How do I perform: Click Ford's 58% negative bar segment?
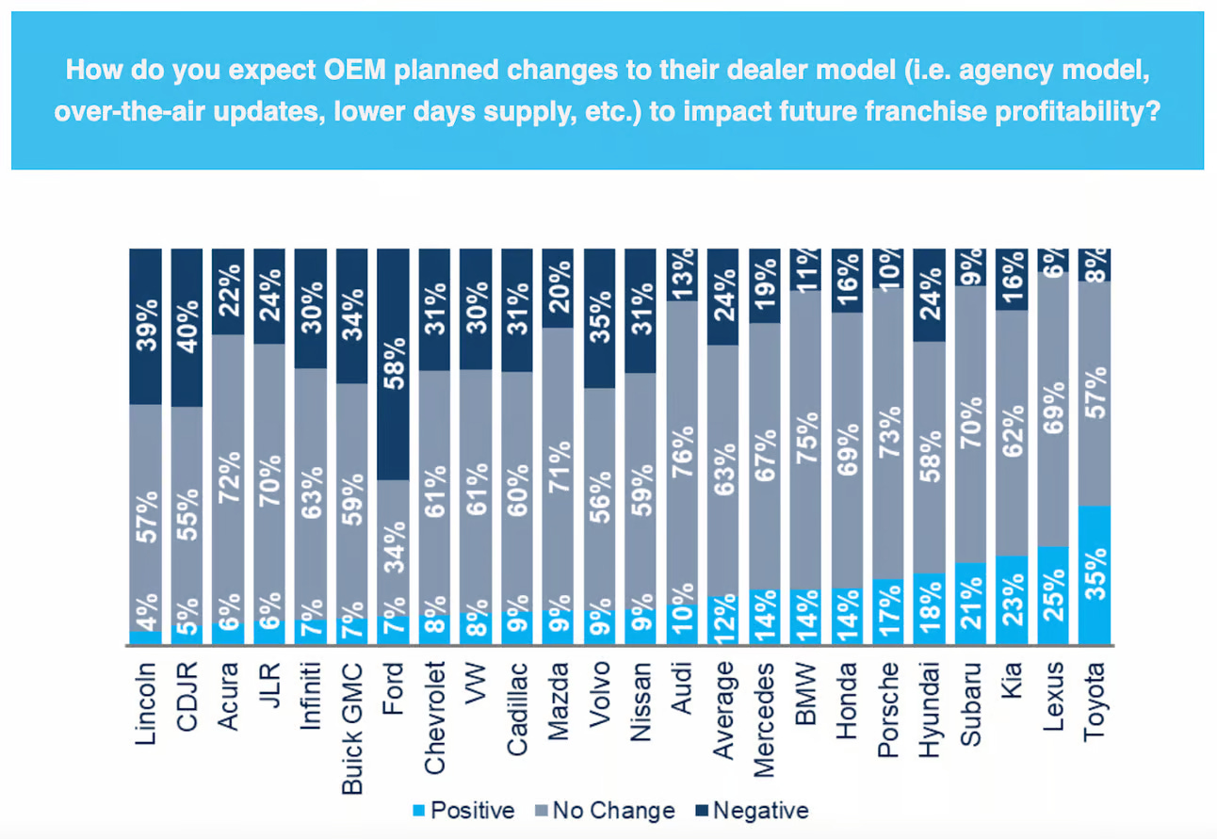(393, 363)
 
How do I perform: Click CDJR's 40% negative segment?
(187, 327)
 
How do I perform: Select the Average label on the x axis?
(722, 711)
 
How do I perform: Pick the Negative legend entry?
(752, 810)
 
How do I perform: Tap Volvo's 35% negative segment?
(599, 317)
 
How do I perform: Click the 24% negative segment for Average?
(723, 296)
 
